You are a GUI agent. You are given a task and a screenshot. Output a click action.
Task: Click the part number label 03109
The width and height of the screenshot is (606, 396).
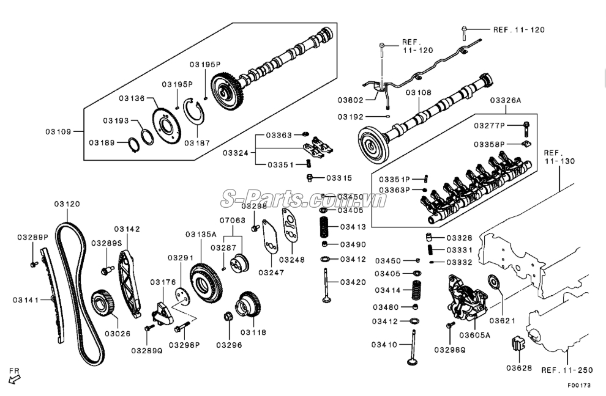[x=59, y=131]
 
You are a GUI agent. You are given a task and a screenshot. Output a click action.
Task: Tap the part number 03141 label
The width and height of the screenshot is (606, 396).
[x=26, y=299]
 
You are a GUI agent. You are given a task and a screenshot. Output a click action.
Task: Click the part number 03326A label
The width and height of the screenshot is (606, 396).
[x=506, y=100]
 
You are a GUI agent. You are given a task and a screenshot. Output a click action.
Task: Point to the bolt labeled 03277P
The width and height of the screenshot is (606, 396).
[x=526, y=128]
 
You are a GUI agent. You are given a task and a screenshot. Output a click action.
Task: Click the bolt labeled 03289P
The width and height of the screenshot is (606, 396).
[x=34, y=263]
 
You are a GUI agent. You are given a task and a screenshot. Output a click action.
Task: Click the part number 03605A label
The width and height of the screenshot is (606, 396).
[x=475, y=334]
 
